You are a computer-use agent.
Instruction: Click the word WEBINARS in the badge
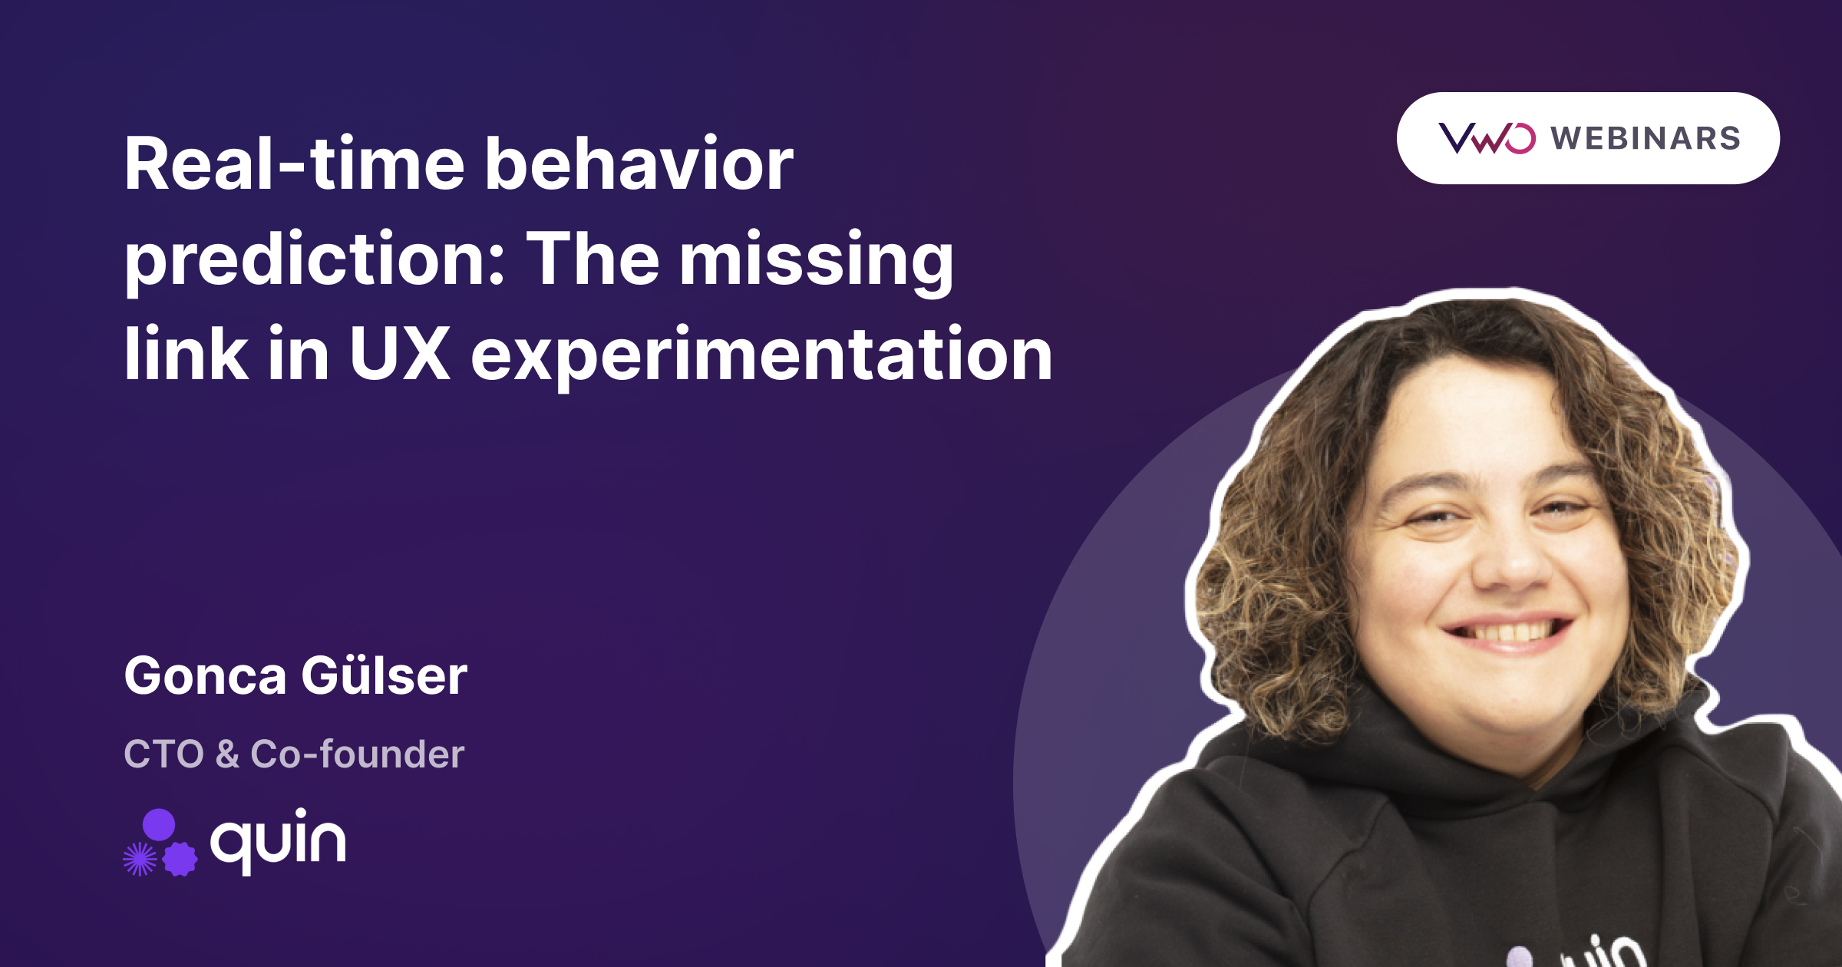(1645, 138)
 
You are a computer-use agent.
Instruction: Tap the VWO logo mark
(1487, 138)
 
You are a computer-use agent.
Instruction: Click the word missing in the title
(817, 262)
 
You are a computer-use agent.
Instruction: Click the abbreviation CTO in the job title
(164, 754)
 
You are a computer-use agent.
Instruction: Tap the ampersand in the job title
(227, 754)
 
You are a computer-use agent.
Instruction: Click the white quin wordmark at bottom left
(278, 841)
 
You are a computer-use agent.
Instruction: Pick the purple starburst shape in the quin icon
(140, 859)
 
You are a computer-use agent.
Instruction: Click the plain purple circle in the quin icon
(159, 824)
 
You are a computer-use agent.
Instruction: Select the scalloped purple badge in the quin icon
(180, 859)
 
